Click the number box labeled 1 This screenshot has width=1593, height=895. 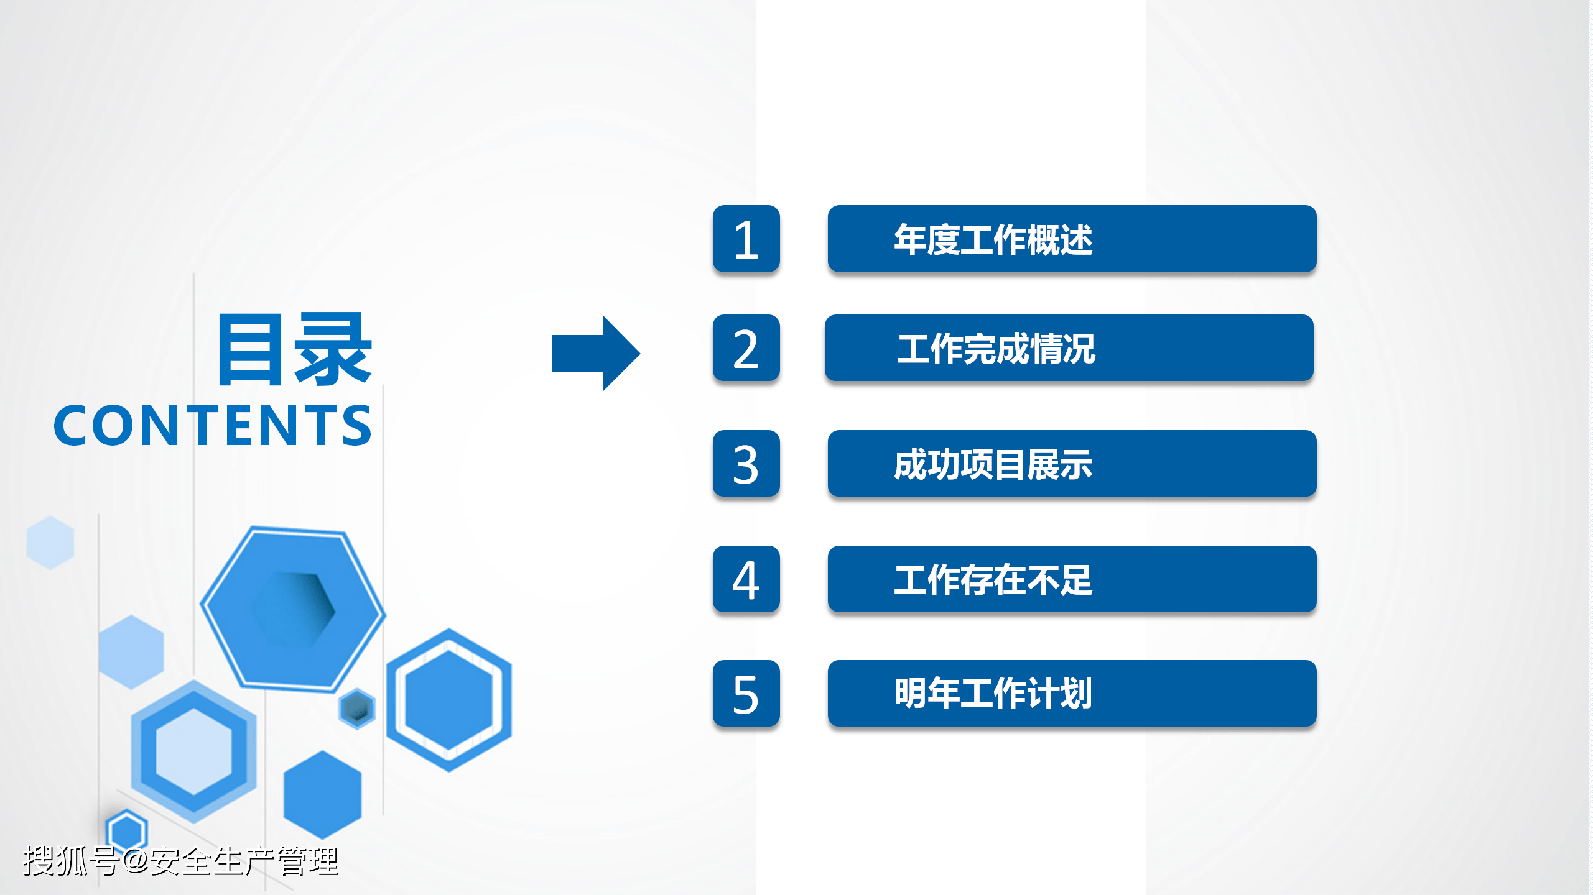[746, 239]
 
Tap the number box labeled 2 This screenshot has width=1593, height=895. [746, 348]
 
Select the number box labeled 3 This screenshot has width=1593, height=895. [746, 464]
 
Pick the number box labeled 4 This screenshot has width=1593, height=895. [746, 579]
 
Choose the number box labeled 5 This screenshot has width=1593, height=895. [746, 694]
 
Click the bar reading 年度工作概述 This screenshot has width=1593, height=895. [1072, 239]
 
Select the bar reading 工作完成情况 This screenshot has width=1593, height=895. [1069, 348]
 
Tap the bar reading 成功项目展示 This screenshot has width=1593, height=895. [1072, 464]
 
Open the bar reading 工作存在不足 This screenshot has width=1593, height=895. [1072, 579]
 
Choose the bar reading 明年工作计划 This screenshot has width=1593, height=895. [1072, 694]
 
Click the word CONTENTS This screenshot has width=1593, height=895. [213, 426]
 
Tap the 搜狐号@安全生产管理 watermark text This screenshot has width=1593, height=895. [180, 861]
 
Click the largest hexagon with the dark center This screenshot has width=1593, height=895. [292, 609]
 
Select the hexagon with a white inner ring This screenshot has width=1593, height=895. [448, 700]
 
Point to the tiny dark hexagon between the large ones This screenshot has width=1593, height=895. [357, 709]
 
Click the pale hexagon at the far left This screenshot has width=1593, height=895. [50, 543]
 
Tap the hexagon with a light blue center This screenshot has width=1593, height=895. [193, 751]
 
